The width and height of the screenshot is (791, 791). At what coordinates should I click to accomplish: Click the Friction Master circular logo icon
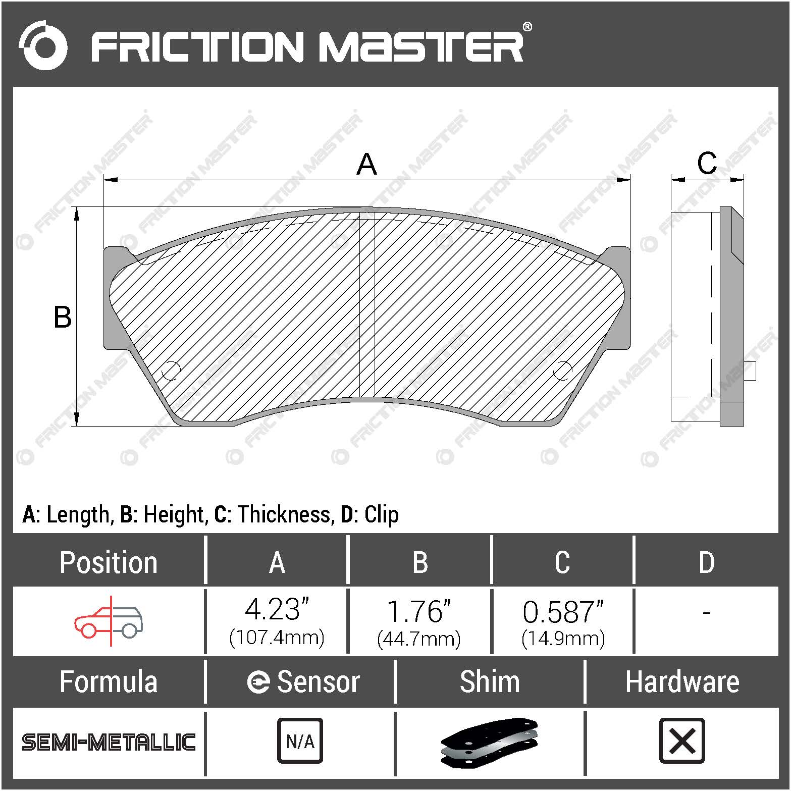pyautogui.click(x=42, y=45)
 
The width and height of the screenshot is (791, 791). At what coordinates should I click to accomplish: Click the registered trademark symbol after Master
pyautogui.click(x=526, y=27)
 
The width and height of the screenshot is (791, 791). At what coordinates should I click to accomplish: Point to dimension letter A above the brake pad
pyautogui.click(x=366, y=165)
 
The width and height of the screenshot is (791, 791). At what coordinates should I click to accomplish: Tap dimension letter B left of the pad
pyautogui.click(x=63, y=318)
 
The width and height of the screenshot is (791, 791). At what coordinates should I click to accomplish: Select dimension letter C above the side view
pyautogui.click(x=707, y=163)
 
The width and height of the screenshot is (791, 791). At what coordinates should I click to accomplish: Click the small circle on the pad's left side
pyautogui.click(x=170, y=371)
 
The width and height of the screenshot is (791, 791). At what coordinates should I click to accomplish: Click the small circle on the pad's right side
pyautogui.click(x=562, y=371)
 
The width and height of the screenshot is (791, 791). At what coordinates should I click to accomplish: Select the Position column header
pyautogui.click(x=109, y=562)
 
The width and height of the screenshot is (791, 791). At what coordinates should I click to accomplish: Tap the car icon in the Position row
pyautogui.click(x=109, y=621)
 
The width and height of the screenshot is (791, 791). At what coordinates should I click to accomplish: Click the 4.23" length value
pyautogui.click(x=277, y=610)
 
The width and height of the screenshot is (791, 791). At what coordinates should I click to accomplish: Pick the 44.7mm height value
pyautogui.click(x=419, y=639)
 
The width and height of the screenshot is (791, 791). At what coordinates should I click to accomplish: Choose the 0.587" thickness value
pyautogui.click(x=563, y=612)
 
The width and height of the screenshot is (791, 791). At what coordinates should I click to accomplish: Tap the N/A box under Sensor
pyautogui.click(x=300, y=741)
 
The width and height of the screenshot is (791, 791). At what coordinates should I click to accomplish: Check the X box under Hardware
pyautogui.click(x=682, y=741)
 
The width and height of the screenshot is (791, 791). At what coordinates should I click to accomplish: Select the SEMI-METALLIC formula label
pyautogui.click(x=109, y=742)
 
